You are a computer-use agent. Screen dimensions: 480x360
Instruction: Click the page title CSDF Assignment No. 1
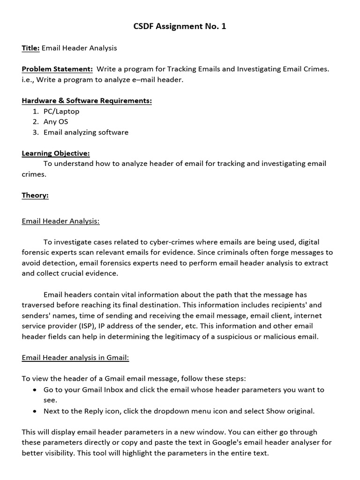180,27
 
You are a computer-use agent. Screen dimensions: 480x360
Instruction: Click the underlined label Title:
30,48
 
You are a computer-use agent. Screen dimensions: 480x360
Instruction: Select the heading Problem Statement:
57,69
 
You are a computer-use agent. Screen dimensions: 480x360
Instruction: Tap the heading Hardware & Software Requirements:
87,101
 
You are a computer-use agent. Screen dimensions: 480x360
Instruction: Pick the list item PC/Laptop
61,112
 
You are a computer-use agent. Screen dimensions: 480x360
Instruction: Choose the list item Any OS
56,122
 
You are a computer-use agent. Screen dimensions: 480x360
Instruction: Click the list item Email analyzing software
86,132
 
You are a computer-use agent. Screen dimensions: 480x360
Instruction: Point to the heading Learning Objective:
56,153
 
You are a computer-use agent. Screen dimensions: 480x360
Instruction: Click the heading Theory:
35,195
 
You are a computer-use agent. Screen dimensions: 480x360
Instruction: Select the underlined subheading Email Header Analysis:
60,221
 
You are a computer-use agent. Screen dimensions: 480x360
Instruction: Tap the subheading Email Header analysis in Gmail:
75,358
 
